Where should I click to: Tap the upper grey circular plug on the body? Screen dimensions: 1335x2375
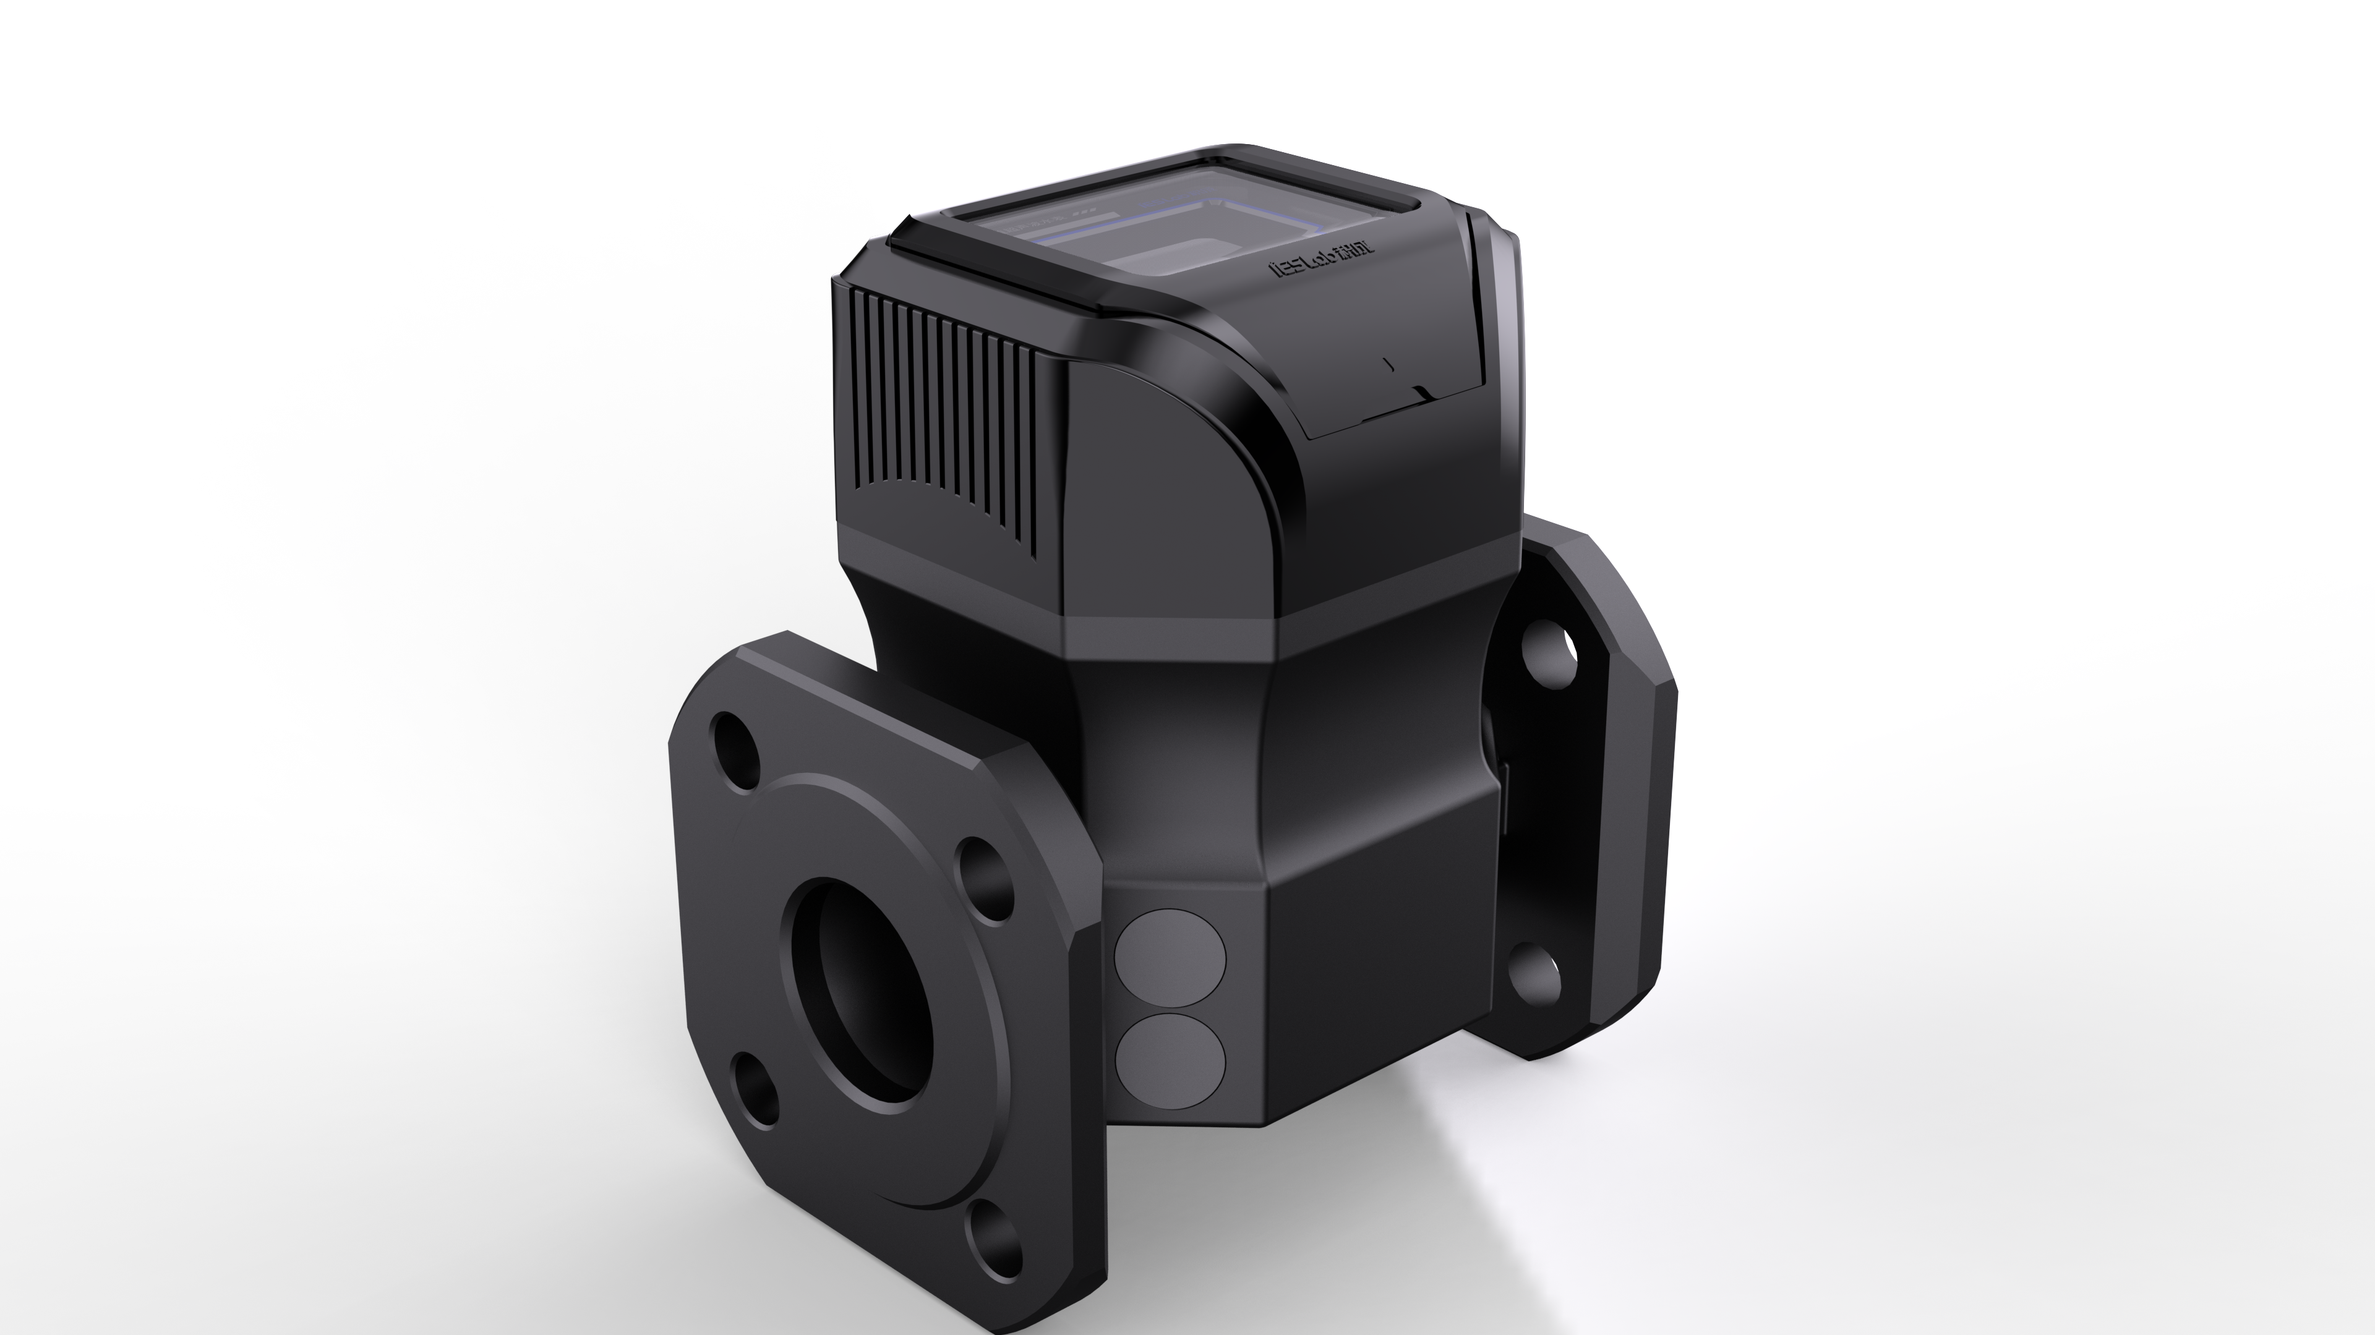pos(1170,959)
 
